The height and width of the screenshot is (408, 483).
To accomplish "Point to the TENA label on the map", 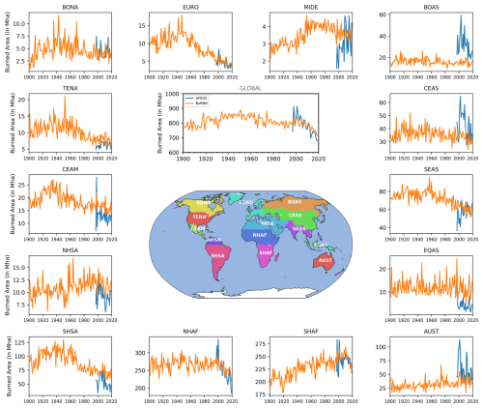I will pos(199,218).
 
